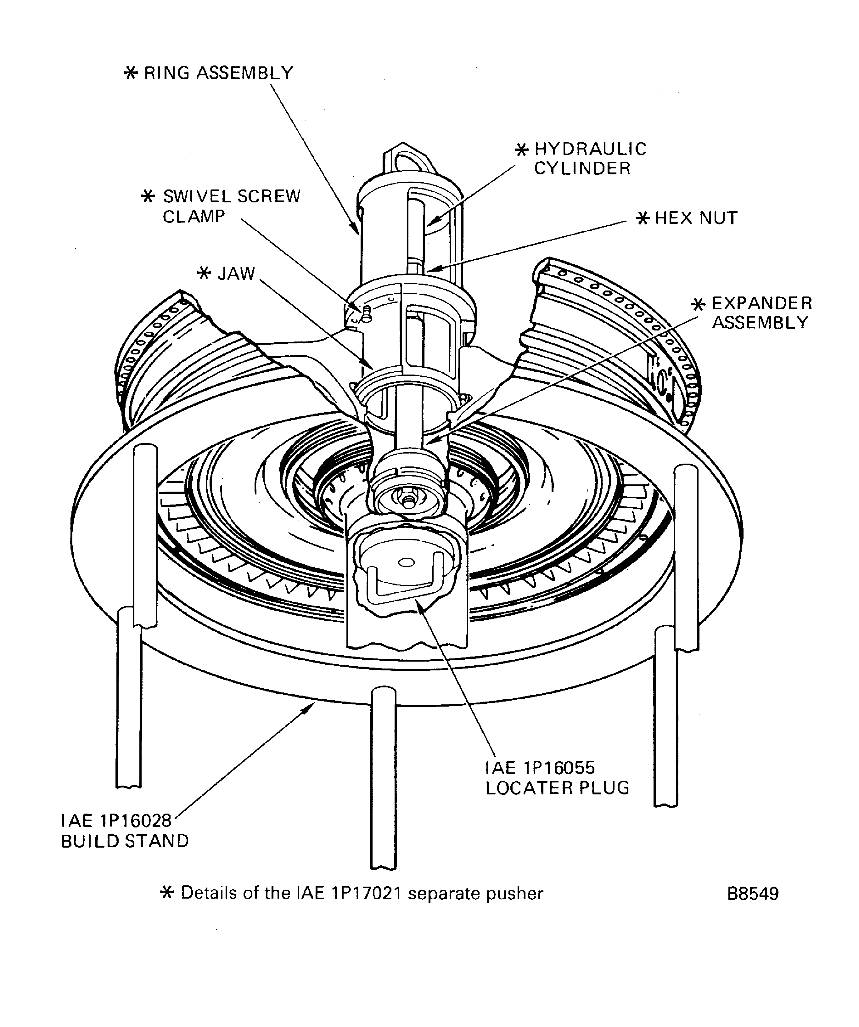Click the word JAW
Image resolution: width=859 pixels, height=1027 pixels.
(236, 274)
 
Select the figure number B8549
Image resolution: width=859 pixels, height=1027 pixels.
(752, 894)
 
